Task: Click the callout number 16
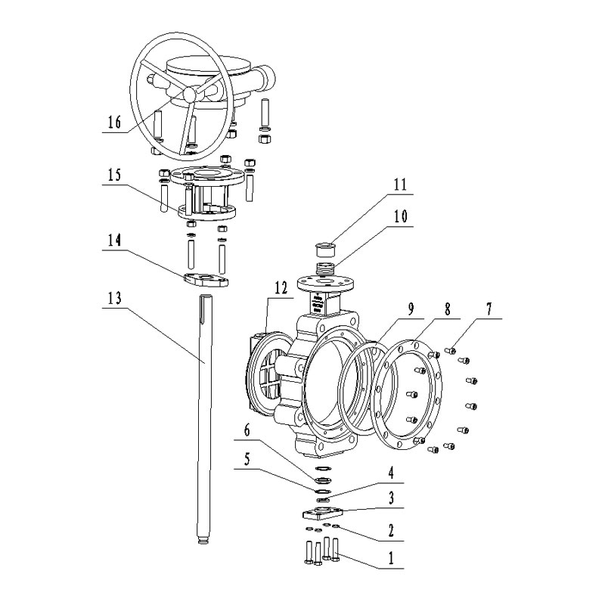pyautogui.click(x=114, y=123)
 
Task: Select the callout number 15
pyautogui.click(x=114, y=175)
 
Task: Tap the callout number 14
pyautogui.click(x=114, y=240)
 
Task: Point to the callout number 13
pyautogui.click(x=114, y=297)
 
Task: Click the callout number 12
pyautogui.click(x=281, y=288)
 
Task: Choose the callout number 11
pyautogui.click(x=400, y=185)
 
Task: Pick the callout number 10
pyautogui.click(x=400, y=216)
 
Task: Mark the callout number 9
pyautogui.click(x=411, y=309)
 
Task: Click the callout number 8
pyautogui.click(x=447, y=309)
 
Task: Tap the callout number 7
pyautogui.click(x=489, y=309)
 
